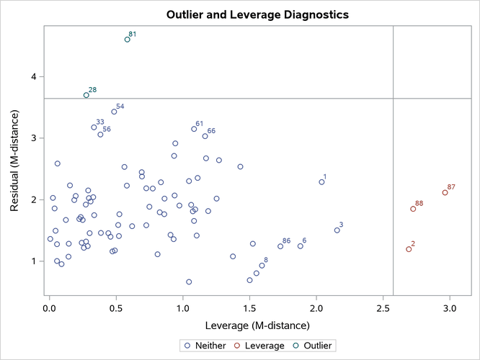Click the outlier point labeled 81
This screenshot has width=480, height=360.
point(128,40)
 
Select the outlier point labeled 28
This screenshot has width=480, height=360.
point(86,95)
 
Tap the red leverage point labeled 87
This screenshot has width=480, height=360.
point(445,193)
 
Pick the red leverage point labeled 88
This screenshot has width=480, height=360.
point(413,209)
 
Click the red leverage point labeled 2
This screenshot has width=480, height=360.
point(409,249)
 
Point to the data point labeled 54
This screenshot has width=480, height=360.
point(114,112)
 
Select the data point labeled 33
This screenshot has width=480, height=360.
point(94,127)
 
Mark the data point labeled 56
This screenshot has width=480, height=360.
point(100,135)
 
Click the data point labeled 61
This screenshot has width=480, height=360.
point(194,129)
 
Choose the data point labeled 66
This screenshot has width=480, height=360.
point(205,136)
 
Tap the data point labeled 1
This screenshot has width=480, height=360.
point(321,182)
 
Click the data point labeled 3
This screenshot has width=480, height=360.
point(337,230)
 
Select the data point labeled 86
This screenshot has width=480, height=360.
point(280,246)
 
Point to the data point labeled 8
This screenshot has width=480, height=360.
point(262,266)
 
